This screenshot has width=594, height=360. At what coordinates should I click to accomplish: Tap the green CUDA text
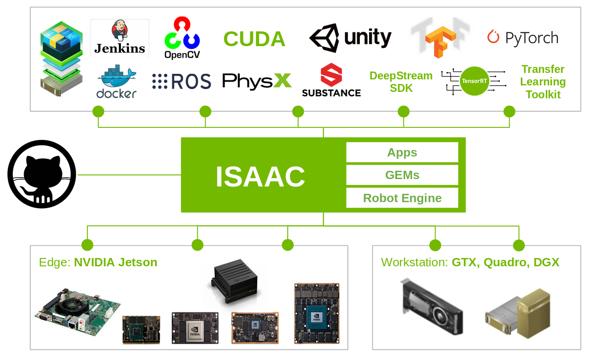pos(254,39)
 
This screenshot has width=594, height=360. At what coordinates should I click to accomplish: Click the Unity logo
pos(350,38)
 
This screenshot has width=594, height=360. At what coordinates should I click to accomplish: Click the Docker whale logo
pos(116,82)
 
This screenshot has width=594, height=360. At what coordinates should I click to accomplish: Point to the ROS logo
pos(182,82)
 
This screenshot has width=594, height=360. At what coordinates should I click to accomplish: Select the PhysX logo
pos(257,81)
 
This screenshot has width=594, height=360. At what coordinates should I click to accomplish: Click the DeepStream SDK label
pos(401,82)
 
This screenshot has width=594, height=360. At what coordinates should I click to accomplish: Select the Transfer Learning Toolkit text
pos(543,82)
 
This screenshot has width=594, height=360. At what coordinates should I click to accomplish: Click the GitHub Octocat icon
pos(42,174)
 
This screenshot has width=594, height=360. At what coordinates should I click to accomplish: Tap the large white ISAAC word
pos(260,176)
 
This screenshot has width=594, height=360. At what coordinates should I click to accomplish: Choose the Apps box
pos(402,152)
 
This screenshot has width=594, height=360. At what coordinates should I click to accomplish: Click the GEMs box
pos(402,175)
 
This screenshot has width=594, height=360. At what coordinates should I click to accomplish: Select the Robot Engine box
pos(402,198)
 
